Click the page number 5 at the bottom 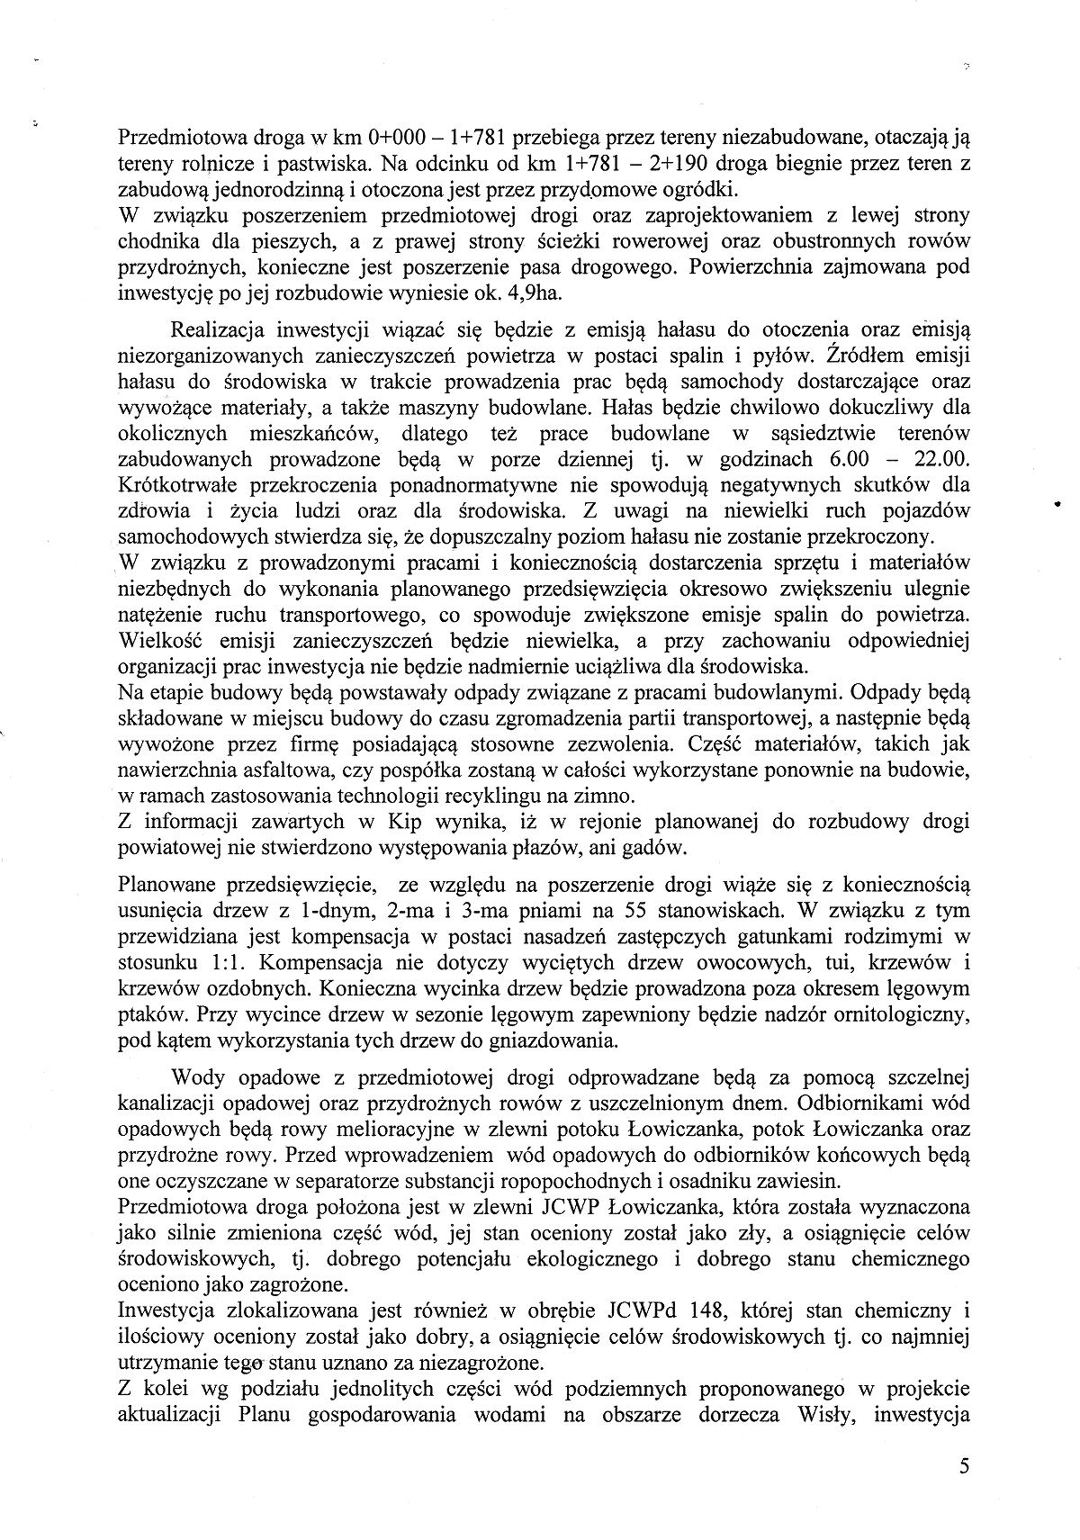pyautogui.click(x=964, y=1465)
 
